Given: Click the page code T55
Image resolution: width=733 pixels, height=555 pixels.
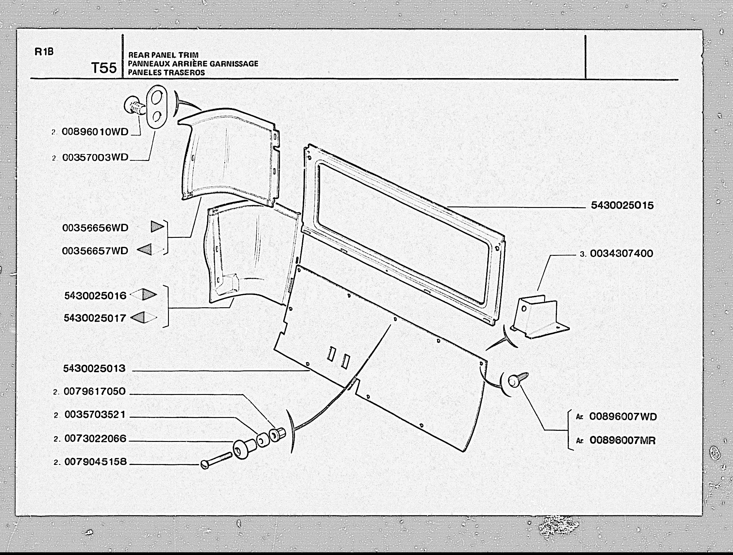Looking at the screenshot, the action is pyautogui.click(x=104, y=68).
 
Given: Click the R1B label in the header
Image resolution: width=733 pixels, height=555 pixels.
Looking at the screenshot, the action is pyautogui.click(x=44, y=52).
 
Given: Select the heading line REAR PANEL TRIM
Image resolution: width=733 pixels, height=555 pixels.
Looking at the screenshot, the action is pyautogui.click(x=163, y=55).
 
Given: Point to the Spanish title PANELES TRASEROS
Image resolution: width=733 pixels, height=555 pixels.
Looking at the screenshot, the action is pyautogui.click(x=166, y=72).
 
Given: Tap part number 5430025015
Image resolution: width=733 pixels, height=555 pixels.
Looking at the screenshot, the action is pyautogui.click(x=622, y=205).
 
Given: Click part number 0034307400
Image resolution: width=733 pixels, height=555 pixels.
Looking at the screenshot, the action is pyautogui.click(x=621, y=254).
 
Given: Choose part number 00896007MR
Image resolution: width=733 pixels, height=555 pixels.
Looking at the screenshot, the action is pyautogui.click(x=623, y=440).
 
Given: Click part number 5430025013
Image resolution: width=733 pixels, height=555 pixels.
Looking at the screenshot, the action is pyautogui.click(x=94, y=368).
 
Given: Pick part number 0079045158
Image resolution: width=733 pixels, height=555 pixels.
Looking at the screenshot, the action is pyautogui.click(x=96, y=462).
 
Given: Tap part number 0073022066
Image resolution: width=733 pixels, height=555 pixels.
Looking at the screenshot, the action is pyautogui.click(x=96, y=438).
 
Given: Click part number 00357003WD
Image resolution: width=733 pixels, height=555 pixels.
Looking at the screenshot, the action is pyautogui.click(x=95, y=157).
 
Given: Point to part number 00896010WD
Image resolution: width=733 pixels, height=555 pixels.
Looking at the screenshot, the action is pyautogui.click(x=95, y=132).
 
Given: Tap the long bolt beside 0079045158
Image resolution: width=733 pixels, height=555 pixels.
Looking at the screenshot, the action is pyautogui.click(x=216, y=460).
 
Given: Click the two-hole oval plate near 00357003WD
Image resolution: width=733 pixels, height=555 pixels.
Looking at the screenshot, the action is pyautogui.click(x=156, y=106).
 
